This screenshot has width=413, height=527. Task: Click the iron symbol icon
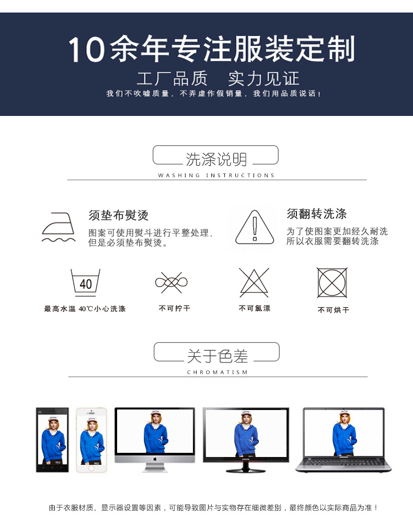coord(58,228)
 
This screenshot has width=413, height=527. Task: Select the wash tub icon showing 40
coord(85,283)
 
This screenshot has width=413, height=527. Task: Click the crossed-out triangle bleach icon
coord(254,283)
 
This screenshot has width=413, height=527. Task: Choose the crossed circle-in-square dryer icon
coord(332,283)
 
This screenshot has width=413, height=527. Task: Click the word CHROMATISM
coord(217,372)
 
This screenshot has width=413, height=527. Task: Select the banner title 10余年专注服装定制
coord(212,50)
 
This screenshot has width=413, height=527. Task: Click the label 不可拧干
coord(175,309)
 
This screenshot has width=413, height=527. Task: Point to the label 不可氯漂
coord(255,309)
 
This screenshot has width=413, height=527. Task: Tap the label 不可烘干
coord(334,310)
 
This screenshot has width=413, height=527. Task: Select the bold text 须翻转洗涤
coord(317,214)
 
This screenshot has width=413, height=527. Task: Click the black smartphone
coord(52,440)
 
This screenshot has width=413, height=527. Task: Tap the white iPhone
coord(91,440)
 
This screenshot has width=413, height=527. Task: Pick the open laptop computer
coord(343,440)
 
